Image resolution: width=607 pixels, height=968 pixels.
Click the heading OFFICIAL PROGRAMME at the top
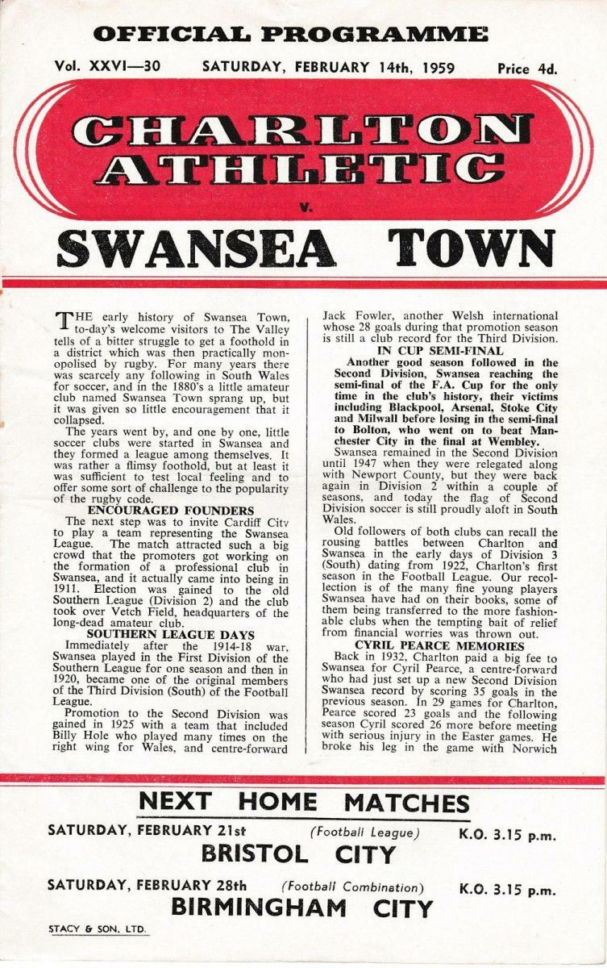[290, 35]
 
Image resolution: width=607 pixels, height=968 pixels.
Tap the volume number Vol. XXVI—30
[107, 67]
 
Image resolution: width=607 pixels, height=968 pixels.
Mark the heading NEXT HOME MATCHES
[304, 802]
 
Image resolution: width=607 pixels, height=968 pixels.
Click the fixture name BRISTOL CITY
[298, 853]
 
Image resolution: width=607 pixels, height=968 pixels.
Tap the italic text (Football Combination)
[352, 886]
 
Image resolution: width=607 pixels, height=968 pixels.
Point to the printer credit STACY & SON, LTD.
[97, 930]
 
